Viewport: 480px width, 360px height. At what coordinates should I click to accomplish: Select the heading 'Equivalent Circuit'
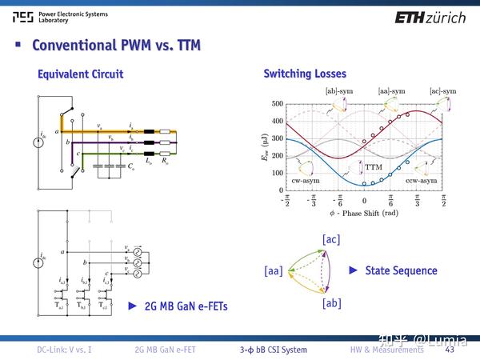point(81,74)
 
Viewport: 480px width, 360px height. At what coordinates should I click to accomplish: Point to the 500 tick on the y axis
point(277,104)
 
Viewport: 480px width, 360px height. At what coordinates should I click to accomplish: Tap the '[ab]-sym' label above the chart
point(339,92)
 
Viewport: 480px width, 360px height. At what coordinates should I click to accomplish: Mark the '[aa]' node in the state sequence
point(274,272)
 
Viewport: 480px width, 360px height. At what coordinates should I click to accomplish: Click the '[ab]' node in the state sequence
point(332,303)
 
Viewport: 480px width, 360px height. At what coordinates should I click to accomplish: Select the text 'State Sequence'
point(401,270)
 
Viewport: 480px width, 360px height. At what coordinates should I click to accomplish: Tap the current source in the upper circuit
point(38,144)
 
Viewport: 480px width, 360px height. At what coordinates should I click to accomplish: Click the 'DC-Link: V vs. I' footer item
point(70,350)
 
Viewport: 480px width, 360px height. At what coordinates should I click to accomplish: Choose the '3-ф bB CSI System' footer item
point(273,350)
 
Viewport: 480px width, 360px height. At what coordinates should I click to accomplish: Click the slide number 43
point(450,350)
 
